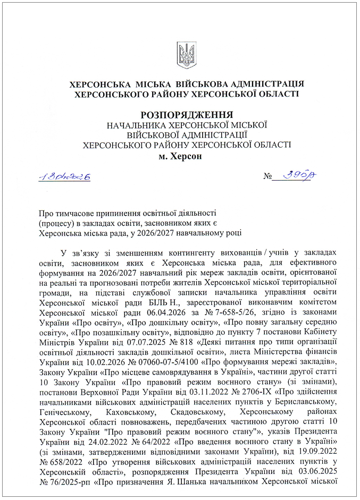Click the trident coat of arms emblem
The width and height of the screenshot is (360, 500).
click(x=187, y=55)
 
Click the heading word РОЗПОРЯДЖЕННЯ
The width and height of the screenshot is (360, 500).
click(x=187, y=115)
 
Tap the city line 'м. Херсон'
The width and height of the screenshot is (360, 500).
click(x=181, y=157)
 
